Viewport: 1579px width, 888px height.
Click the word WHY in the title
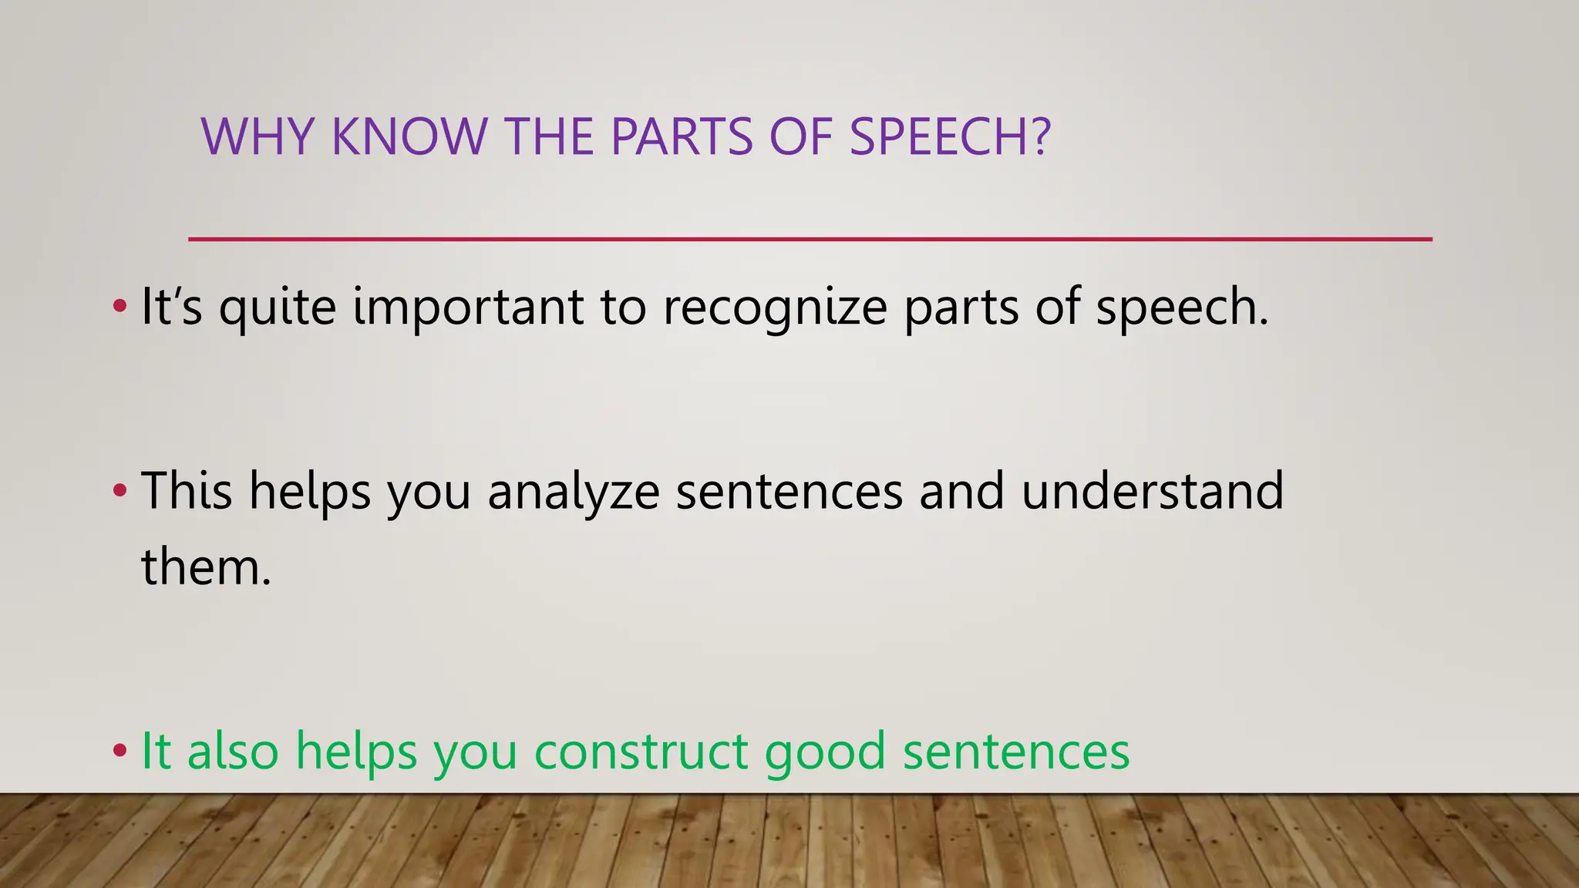pyautogui.click(x=257, y=136)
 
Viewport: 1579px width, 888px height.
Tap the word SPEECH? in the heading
pyautogui.click(x=950, y=136)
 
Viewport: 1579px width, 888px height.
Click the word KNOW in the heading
pyautogui.click(x=409, y=136)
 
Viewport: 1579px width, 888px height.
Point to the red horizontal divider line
pyautogui.click(x=810, y=240)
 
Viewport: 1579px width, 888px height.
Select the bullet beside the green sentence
pyautogui.click(x=119, y=750)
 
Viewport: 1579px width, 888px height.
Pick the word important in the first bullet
pyautogui.click(x=468, y=308)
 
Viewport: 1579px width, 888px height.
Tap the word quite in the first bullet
pyautogui.click(x=278, y=308)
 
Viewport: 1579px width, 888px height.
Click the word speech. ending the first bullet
pyautogui.click(x=1182, y=308)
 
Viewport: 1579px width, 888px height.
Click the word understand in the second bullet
pyautogui.click(x=1152, y=491)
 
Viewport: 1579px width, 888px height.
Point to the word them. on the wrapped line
pyautogui.click(x=206, y=567)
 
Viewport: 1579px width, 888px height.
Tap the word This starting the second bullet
pyautogui.click(x=186, y=491)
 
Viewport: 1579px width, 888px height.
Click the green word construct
pyautogui.click(x=640, y=752)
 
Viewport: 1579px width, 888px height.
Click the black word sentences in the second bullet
pyautogui.click(x=789, y=493)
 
